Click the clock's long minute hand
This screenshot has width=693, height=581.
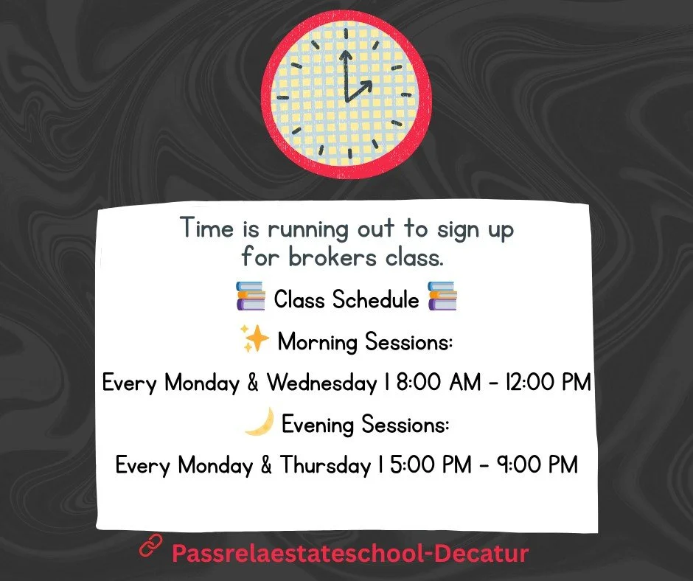tap(344, 74)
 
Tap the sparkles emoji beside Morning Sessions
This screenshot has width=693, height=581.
tap(255, 341)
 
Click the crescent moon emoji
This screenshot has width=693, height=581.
tap(259, 422)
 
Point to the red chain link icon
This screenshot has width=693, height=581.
tap(150, 549)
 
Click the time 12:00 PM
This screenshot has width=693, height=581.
tap(545, 383)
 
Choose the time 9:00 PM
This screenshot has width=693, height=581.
tap(536, 465)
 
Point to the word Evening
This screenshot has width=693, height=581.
tap(319, 425)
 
